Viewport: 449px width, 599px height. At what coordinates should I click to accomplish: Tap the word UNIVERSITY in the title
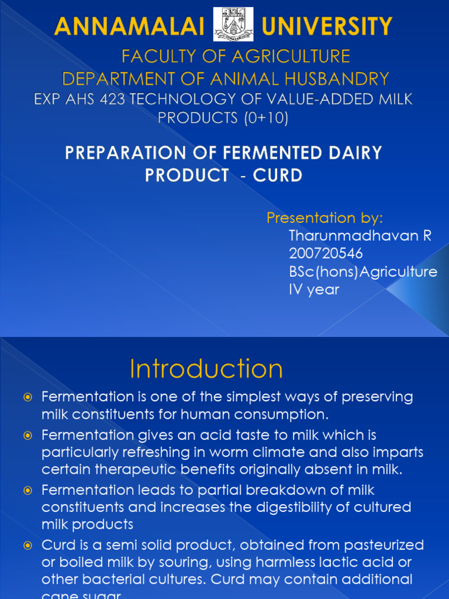327,27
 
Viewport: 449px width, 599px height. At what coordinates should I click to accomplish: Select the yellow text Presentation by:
325,218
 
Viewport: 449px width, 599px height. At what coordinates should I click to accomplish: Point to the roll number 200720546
326,253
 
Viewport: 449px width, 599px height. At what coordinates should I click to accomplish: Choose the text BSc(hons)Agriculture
363,271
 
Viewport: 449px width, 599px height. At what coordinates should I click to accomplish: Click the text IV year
314,289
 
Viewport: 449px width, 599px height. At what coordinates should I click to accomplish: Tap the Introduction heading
206,369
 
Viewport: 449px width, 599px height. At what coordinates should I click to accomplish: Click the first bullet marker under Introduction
27,398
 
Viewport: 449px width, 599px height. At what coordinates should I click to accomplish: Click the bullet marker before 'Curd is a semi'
27,546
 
